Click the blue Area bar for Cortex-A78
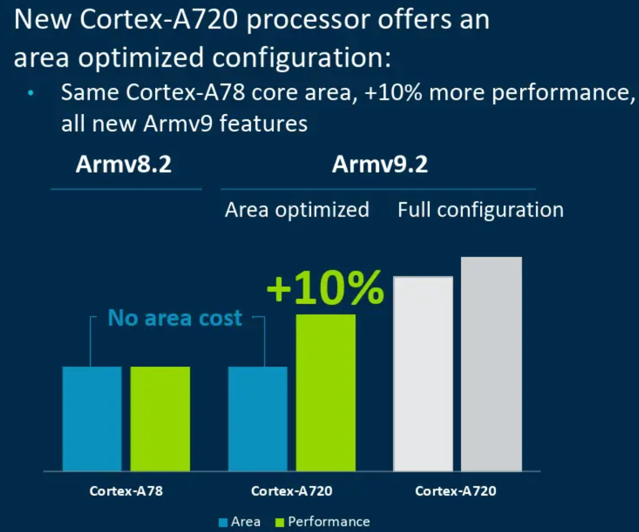(x=92, y=419)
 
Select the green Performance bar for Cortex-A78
(x=160, y=419)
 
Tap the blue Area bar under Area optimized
(x=258, y=419)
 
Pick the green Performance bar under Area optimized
(x=325, y=392)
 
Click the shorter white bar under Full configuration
(x=423, y=373)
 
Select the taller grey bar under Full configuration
(x=491, y=364)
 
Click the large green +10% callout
(x=325, y=288)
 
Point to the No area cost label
(x=175, y=318)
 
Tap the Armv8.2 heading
(x=124, y=164)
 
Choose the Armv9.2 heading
(x=380, y=164)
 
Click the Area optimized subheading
(x=297, y=210)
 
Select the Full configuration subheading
(x=480, y=210)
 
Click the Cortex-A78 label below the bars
(x=126, y=491)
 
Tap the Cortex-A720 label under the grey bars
(x=456, y=491)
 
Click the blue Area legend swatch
(x=223, y=522)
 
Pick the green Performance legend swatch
(x=280, y=522)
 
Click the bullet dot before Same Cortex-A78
(x=31, y=93)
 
